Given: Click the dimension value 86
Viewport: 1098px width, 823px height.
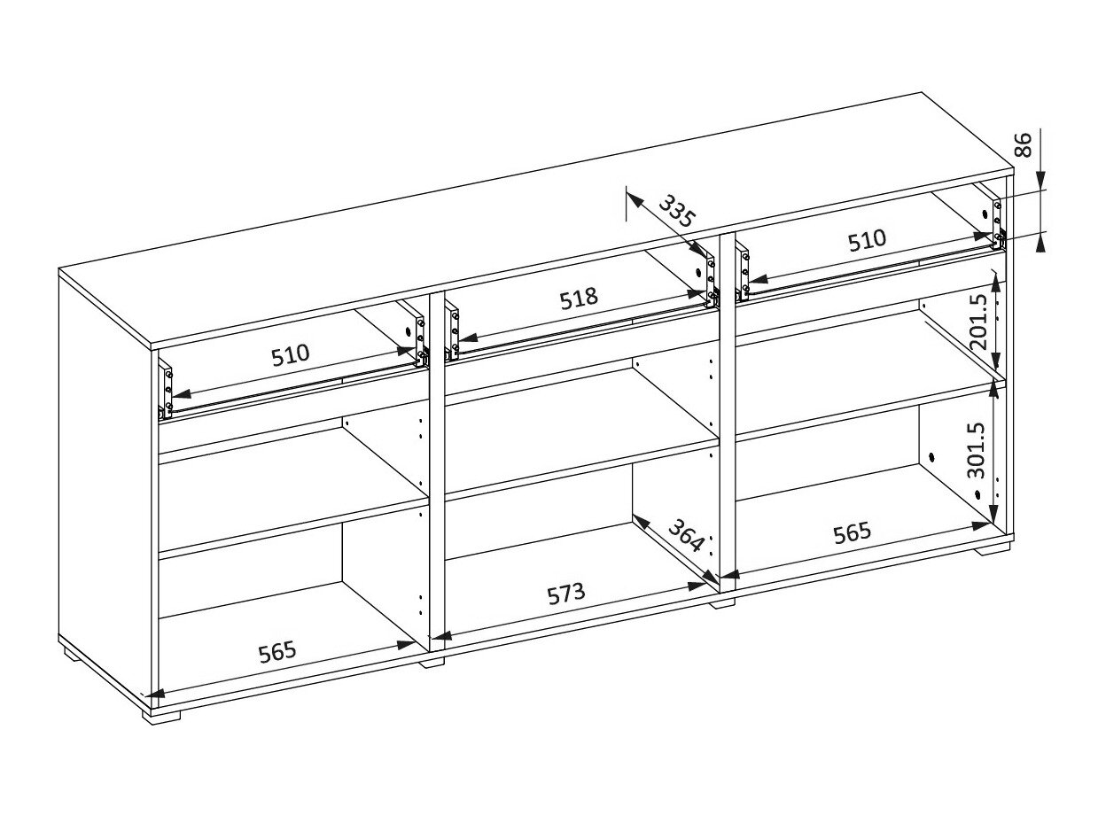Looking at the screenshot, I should coord(1022,144).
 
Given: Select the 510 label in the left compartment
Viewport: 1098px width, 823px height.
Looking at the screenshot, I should coord(291,354).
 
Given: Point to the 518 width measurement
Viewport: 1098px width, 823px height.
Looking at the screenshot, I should coord(579,298).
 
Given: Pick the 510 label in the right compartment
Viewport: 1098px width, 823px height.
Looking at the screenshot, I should coord(867,239).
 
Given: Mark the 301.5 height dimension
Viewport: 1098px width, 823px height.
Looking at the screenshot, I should coord(976,449).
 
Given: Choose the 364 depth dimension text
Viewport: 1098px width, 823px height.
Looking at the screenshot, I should coord(686,536).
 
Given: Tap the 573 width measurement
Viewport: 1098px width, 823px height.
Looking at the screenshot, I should coord(565,593).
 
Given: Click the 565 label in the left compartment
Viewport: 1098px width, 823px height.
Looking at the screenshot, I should coord(276,652).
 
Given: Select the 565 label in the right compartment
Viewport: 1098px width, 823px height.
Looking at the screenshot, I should coord(852,532).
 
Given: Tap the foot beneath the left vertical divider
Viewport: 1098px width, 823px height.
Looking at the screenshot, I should coord(432,661).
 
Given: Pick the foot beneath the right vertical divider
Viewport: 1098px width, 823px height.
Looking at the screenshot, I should coord(722,603).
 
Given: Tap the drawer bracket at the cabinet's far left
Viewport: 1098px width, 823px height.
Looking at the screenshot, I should coord(166,388).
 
